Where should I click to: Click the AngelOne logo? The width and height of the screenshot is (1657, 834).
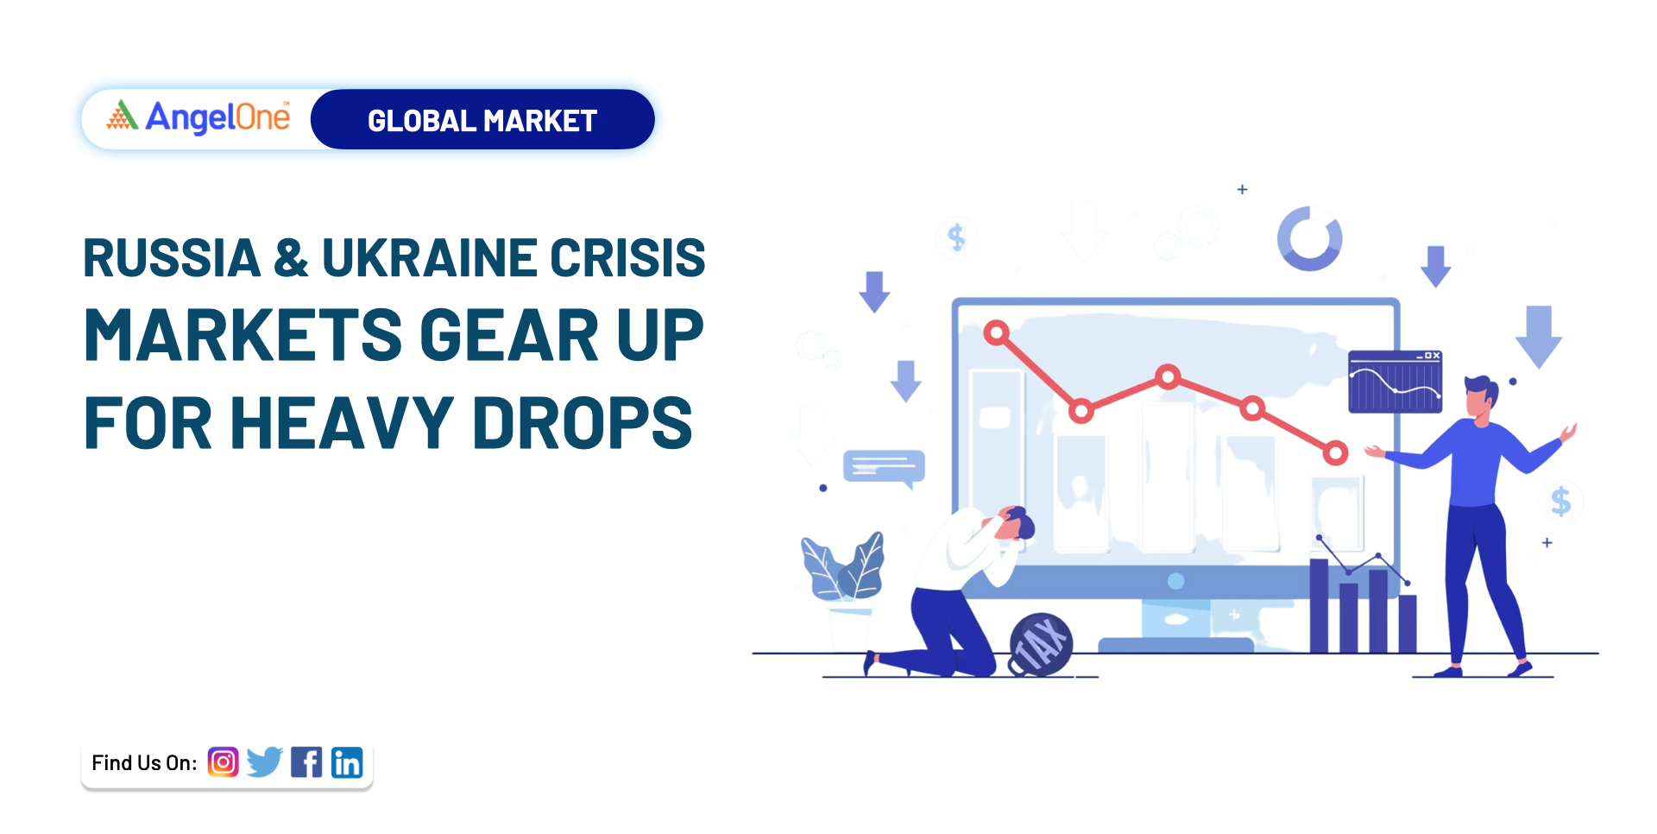(198, 117)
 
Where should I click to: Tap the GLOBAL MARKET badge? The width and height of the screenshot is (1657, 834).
(482, 119)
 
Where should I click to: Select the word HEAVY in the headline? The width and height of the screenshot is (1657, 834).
(342, 422)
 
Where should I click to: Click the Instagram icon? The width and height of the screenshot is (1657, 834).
(223, 762)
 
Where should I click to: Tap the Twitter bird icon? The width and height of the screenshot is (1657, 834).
(264, 761)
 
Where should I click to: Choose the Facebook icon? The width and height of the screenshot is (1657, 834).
(306, 762)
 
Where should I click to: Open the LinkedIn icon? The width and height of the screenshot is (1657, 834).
(347, 762)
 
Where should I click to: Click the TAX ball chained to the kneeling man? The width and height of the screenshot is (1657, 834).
(1041, 644)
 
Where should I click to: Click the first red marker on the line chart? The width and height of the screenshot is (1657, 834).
(997, 332)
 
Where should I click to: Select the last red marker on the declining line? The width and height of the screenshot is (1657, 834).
(1335, 452)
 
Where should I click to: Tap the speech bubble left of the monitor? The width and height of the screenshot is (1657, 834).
(884, 467)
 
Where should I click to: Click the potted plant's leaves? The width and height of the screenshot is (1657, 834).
(842, 566)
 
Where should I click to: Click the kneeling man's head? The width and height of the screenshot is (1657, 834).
(1015, 523)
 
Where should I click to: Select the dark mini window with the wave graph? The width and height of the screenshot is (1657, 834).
(1395, 382)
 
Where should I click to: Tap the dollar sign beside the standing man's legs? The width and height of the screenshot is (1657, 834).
(1560, 501)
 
